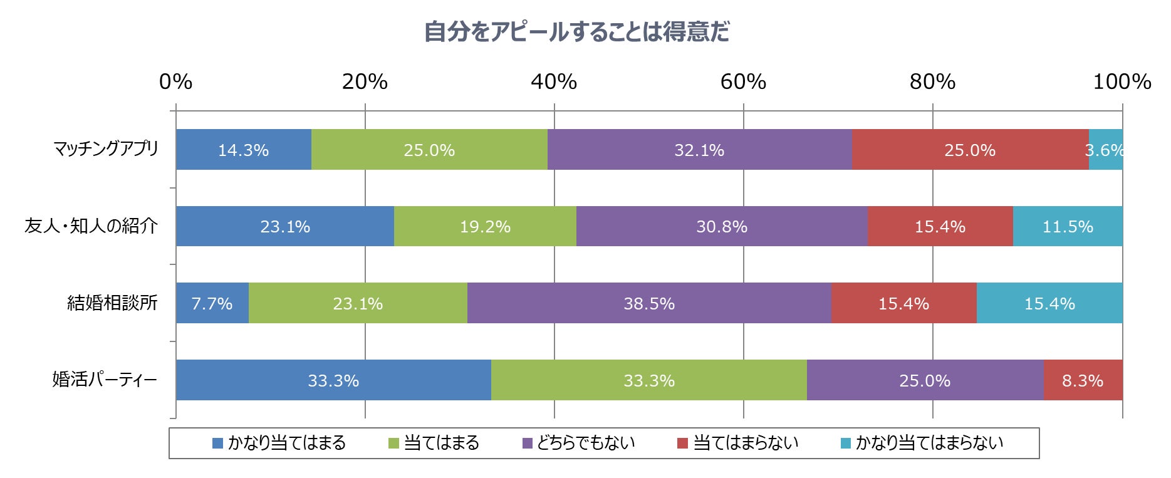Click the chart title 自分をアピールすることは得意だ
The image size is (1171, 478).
click(576, 31)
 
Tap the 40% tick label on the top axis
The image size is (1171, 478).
click(554, 81)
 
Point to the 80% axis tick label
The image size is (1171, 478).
click(932, 81)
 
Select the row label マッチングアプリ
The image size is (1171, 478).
click(106, 149)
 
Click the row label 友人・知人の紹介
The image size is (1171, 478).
click(91, 226)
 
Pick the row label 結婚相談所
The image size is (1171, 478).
click(112, 303)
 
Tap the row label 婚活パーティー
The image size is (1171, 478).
click(104, 380)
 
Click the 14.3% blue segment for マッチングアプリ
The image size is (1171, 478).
click(243, 150)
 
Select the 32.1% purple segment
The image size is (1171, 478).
click(699, 150)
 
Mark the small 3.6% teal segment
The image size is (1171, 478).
click(1106, 150)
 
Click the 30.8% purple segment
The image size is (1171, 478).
click(722, 226)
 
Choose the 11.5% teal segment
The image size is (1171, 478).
click(1068, 226)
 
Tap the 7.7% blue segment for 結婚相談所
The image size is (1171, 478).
click(212, 303)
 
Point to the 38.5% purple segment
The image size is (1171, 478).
click(649, 303)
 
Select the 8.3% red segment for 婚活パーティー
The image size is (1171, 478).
click(1083, 380)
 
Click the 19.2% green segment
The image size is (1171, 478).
click(485, 226)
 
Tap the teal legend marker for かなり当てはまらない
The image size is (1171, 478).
click(845, 444)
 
